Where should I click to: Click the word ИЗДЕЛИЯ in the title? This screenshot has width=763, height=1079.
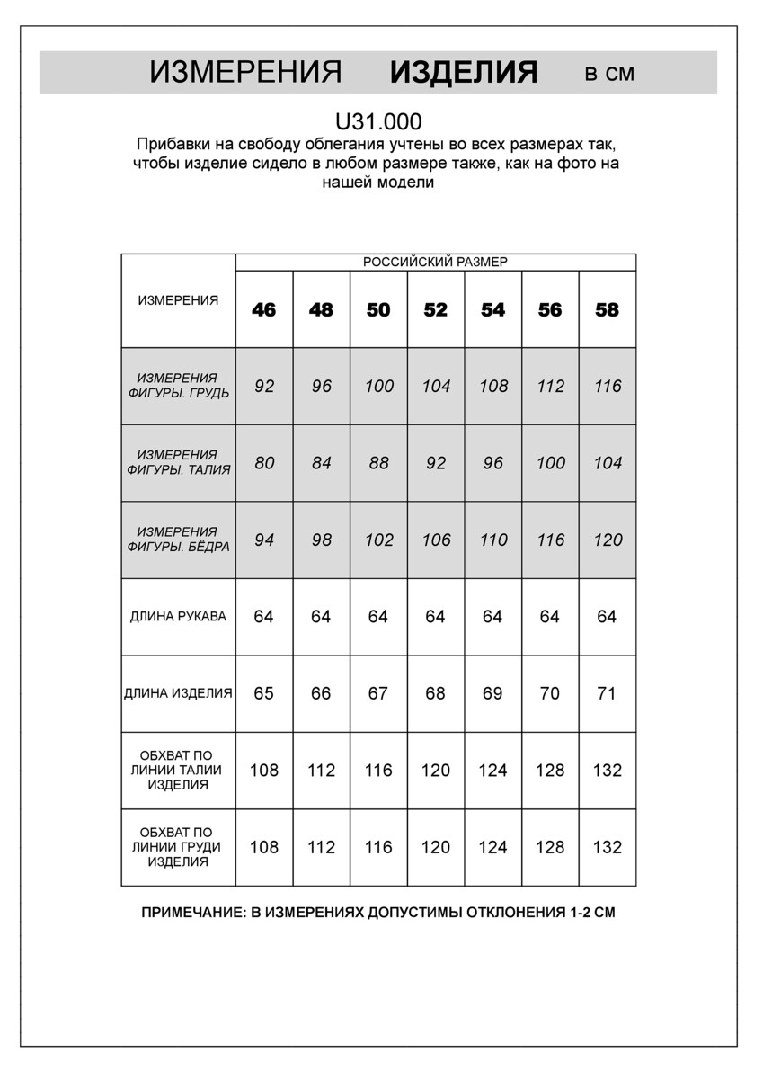[x=464, y=73]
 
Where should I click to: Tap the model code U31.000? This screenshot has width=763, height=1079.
[x=377, y=121]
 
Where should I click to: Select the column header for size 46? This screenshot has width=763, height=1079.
[x=264, y=310]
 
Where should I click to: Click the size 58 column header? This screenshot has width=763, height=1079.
[x=608, y=310]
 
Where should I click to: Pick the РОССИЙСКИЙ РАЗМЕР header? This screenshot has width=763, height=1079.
[x=435, y=262]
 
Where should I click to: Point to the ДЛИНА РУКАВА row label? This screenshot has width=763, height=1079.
[x=178, y=617]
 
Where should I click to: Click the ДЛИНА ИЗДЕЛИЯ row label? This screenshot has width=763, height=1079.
[x=178, y=693]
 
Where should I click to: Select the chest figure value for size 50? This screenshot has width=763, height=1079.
[x=379, y=387]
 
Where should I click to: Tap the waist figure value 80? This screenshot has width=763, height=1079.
[x=264, y=463]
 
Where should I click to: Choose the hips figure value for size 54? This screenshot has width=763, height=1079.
[x=493, y=540]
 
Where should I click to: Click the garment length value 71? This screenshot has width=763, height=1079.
[x=608, y=693]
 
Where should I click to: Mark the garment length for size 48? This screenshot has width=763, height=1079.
[x=321, y=693]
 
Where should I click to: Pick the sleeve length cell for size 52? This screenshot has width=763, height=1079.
[x=436, y=617]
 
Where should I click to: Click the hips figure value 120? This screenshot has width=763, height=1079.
[x=608, y=540]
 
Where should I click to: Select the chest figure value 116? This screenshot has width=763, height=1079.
[x=608, y=387]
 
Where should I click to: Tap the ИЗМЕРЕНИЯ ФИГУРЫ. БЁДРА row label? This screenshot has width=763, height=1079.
[x=178, y=539]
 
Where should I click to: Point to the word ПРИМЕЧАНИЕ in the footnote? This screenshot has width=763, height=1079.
[x=191, y=912]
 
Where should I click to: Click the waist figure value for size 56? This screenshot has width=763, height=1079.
[x=551, y=463]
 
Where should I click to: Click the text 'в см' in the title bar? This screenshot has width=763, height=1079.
[x=609, y=74]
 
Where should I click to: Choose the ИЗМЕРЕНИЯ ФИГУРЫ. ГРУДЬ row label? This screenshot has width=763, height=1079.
[x=178, y=386]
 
